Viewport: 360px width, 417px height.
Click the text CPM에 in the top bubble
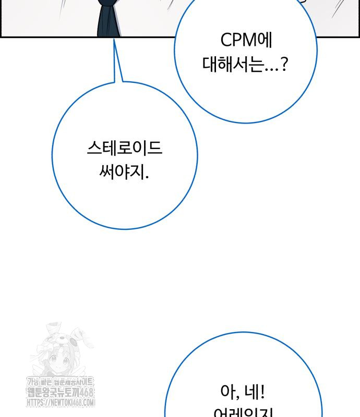coord(246,40)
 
